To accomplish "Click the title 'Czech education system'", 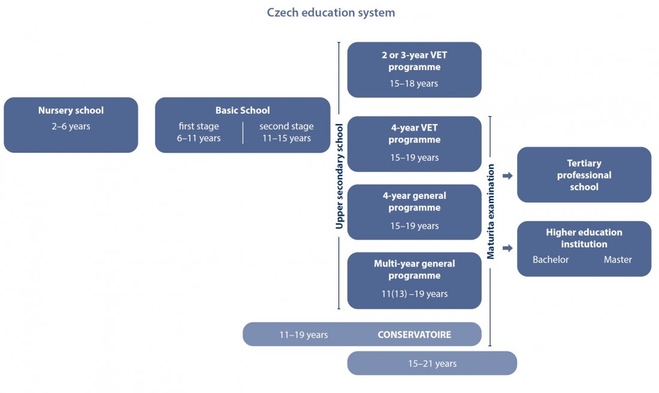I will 331,13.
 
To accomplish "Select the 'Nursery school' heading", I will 71,110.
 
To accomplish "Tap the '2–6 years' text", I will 71,126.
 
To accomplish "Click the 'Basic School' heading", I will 243,110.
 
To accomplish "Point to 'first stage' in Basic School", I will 199,126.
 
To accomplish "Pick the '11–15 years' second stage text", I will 286,138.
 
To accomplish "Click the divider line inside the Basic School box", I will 243,132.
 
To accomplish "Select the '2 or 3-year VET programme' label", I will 415,61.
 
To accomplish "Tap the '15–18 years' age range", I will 415,83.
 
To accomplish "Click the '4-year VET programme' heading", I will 415,134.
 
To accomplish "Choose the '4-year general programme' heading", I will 415,202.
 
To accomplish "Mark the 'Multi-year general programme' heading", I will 415,270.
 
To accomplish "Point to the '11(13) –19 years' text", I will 415,294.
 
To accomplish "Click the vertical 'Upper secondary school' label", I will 340,176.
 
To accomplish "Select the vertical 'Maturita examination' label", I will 491,211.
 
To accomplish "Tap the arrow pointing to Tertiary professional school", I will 507,176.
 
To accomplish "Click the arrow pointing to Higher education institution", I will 507,248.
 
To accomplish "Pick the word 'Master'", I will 618,259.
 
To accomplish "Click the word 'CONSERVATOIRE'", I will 414,335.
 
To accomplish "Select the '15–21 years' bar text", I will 432,364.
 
